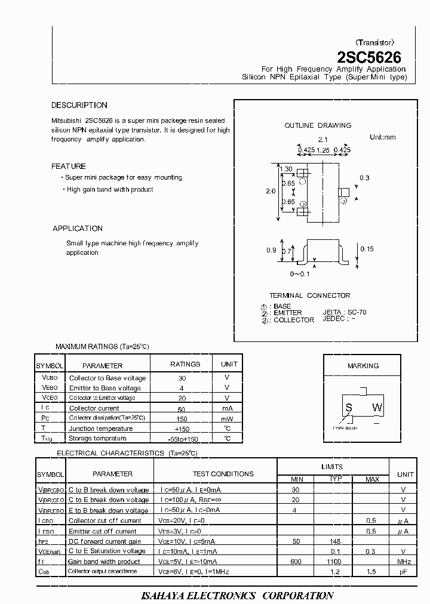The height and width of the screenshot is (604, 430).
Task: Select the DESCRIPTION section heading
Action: [x=79, y=106]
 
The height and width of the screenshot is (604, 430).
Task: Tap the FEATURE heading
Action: [x=69, y=167]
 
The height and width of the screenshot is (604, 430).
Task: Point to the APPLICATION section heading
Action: [x=78, y=229]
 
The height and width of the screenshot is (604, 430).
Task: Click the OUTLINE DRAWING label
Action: [x=318, y=126]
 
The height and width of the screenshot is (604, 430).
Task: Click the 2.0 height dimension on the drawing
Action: [x=270, y=192]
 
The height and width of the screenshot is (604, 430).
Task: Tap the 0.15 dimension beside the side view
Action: [x=367, y=249]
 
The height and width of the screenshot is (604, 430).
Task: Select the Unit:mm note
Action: [x=383, y=137]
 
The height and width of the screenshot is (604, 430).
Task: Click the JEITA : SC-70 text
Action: [x=345, y=312]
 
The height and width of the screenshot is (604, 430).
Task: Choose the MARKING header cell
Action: [x=363, y=366]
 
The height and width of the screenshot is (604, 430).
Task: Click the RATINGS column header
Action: [x=186, y=364]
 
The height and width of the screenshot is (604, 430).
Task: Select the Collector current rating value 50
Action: [x=182, y=409]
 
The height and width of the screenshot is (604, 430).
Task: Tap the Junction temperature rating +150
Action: [x=182, y=429]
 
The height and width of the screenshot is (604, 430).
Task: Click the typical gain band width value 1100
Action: [x=334, y=562]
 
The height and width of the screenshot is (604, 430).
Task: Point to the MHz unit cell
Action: [x=404, y=562]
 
